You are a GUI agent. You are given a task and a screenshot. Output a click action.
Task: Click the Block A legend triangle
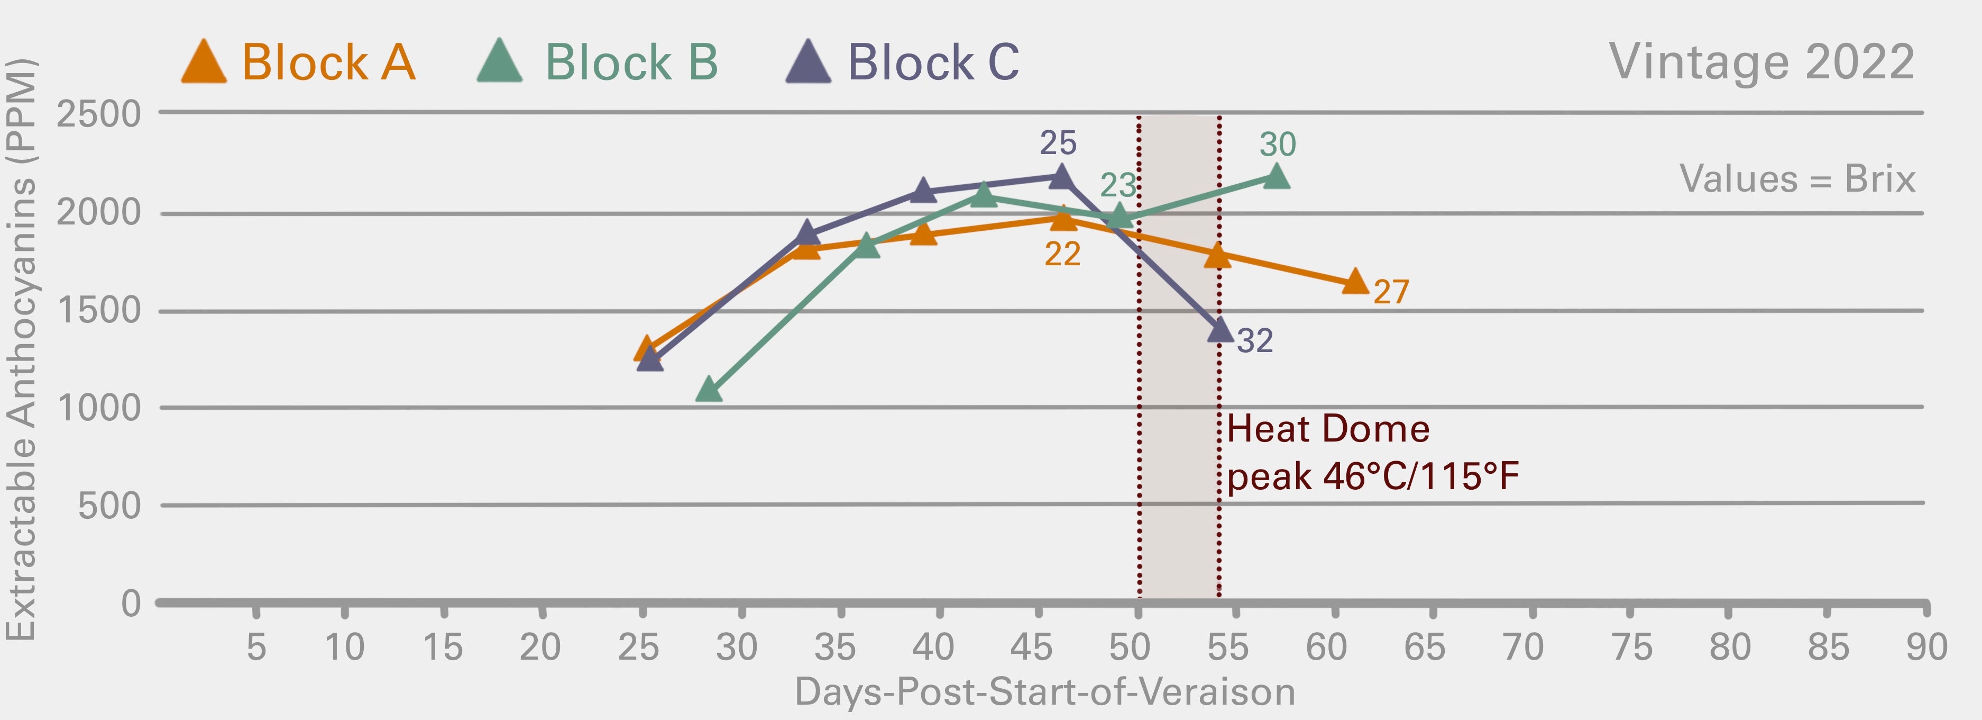pyautogui.click(x=204, y=63)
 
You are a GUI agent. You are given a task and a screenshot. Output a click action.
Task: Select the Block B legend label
pyautogui.click(x=631, y=62)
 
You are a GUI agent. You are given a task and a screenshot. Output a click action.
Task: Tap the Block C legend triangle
pyautogui.click(x=808, y=63)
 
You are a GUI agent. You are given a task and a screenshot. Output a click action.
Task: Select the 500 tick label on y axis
pyautogui.click(x=109, y=506)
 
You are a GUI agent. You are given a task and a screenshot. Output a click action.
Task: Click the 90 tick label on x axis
pyautogui.click(x=1926, y=647)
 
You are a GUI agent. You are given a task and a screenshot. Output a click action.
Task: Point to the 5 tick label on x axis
pyautogui.click(x=256, y=647)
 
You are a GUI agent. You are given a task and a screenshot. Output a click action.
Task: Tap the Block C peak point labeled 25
pyautogui.click(x=1061, y=177)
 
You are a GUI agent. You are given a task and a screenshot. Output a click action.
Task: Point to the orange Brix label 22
pyautogui.click(x=1062, y=254)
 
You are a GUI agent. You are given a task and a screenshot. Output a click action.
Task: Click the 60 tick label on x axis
pyautogui.click(x=1326, y=647)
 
